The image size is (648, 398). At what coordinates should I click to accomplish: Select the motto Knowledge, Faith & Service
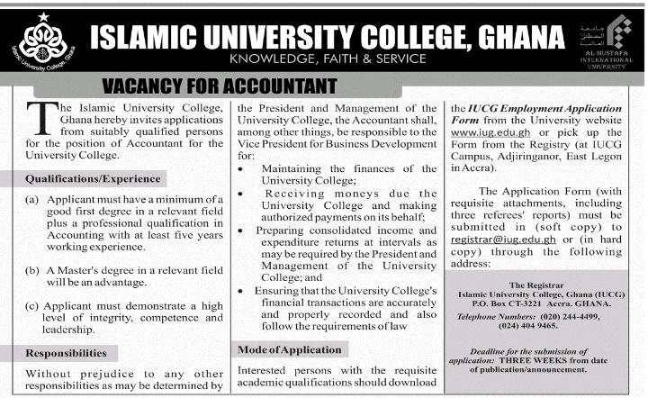(x=328, y=59)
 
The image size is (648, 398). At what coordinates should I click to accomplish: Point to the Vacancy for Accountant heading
(x=220, y=86)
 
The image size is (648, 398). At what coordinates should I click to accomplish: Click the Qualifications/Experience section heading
(x=94, y=178)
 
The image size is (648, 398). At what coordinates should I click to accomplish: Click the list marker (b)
(x=32, y=270)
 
